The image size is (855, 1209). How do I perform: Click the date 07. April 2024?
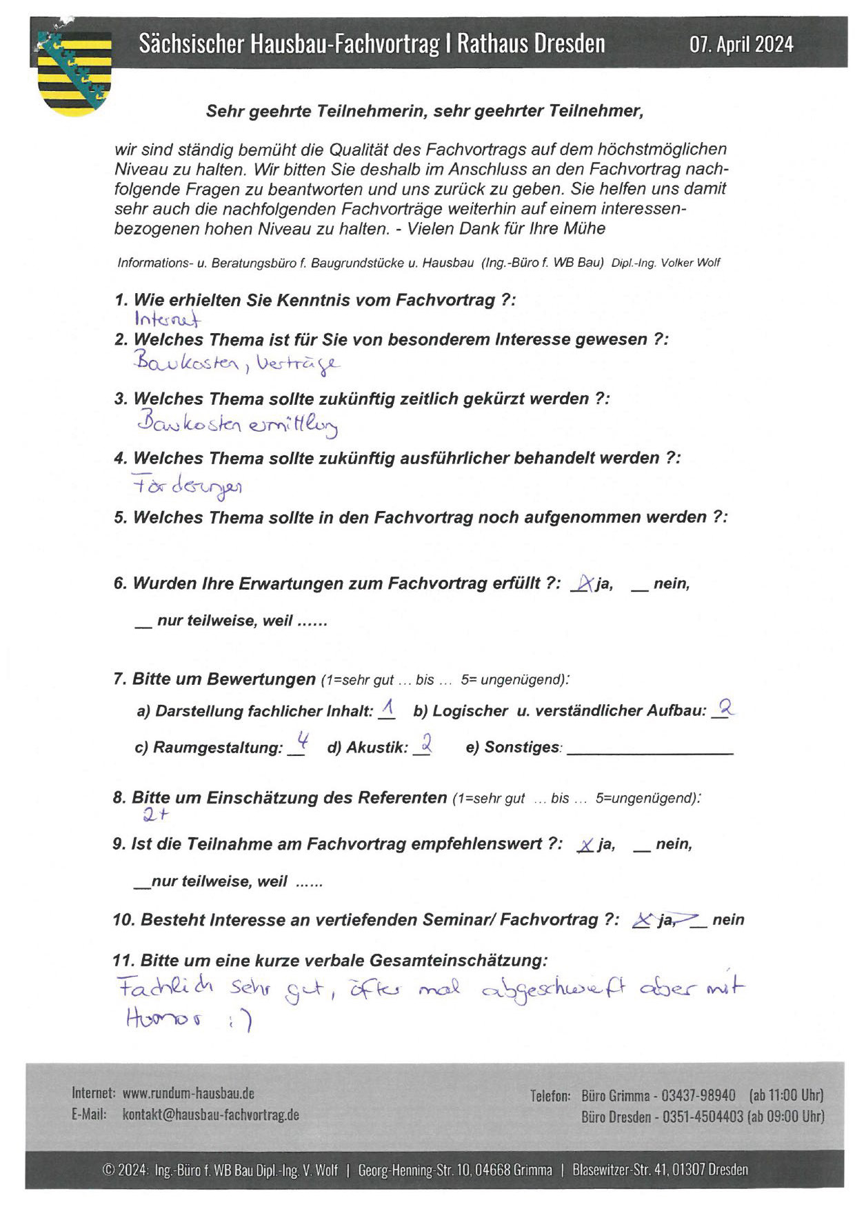tap(741, 45)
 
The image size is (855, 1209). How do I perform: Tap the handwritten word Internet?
tap(168, 319)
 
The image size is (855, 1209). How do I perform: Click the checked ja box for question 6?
tap(583, 584)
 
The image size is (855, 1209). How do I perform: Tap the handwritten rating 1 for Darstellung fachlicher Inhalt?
tap(387, 708)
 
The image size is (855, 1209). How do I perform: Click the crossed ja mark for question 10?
tap(643, 920)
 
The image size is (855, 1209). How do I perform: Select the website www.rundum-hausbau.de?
tap(188, 1093)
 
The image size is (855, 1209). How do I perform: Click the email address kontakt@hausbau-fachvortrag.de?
tap(210, 1115)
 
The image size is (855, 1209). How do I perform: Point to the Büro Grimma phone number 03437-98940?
tap(698, 1095)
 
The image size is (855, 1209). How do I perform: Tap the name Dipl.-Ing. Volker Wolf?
tap(665, 263)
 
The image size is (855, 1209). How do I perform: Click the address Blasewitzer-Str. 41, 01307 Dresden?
tap(659, 1170)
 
